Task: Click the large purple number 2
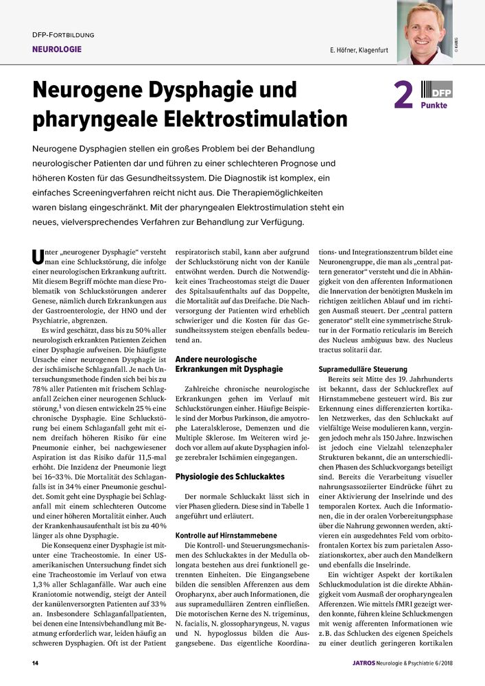coord(402,96)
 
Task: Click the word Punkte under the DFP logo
coord(434,106)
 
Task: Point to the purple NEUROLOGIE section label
coord(57,49)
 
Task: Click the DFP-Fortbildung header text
coord(63,34)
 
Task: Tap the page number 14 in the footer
coord(35,664)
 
